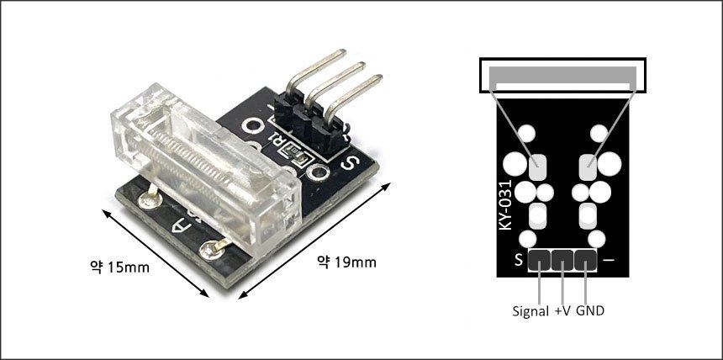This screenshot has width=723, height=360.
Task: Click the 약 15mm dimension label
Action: click(119, 267)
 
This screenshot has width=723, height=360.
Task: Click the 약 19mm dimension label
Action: click(346, 262)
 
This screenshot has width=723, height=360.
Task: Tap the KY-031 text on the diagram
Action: click(506, 204)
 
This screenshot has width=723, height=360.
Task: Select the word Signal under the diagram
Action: click(530, 311)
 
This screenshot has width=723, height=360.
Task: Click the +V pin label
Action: click(562, 311)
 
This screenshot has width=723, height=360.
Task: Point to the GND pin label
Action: click(589, 311)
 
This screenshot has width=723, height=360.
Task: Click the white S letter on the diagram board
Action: click(519, 261)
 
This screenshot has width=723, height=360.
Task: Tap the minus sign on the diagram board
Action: click(609, 260)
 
